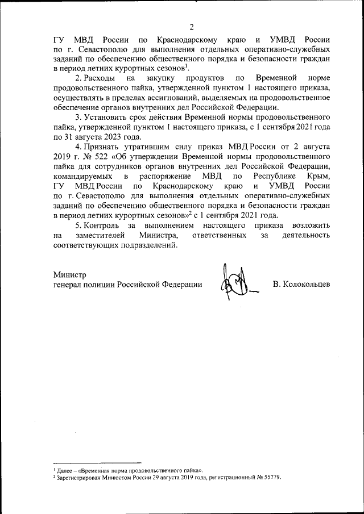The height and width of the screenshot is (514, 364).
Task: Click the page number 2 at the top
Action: (x=192, y=27)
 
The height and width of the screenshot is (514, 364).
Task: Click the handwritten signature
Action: (x=234, y=285)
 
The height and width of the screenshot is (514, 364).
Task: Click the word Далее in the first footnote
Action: (x=64, y=471)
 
